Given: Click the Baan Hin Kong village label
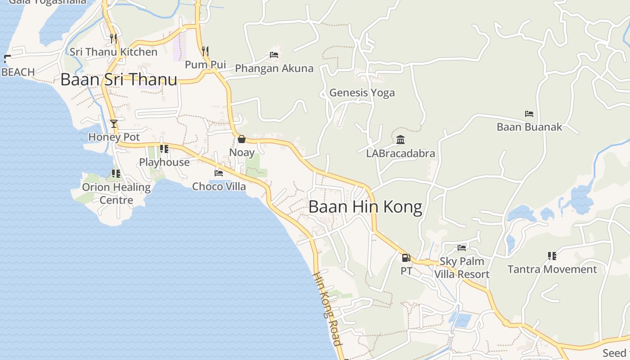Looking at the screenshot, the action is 365,207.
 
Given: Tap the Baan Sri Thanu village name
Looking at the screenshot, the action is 119,80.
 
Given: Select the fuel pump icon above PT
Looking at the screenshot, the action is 406,258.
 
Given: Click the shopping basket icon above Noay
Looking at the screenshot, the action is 242,139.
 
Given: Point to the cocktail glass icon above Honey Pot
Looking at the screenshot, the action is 114,123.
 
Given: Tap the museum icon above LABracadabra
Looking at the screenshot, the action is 400,140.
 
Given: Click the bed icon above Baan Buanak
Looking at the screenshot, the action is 529,114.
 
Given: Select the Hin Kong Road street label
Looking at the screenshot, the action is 327,309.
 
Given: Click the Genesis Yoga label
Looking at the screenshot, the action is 362,93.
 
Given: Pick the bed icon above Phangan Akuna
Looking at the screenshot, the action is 274,55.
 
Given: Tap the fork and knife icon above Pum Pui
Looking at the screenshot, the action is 205,51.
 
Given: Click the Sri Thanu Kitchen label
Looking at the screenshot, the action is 113,52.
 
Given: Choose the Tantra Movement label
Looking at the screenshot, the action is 552,269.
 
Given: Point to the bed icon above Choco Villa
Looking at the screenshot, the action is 219,173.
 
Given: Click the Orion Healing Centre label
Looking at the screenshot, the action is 116,193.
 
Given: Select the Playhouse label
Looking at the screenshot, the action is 164,162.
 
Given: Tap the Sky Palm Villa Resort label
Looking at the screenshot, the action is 462,268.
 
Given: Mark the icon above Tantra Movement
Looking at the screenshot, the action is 552,256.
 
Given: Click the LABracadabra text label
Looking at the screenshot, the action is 400,153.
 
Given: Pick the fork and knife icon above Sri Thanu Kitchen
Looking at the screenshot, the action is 113,38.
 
